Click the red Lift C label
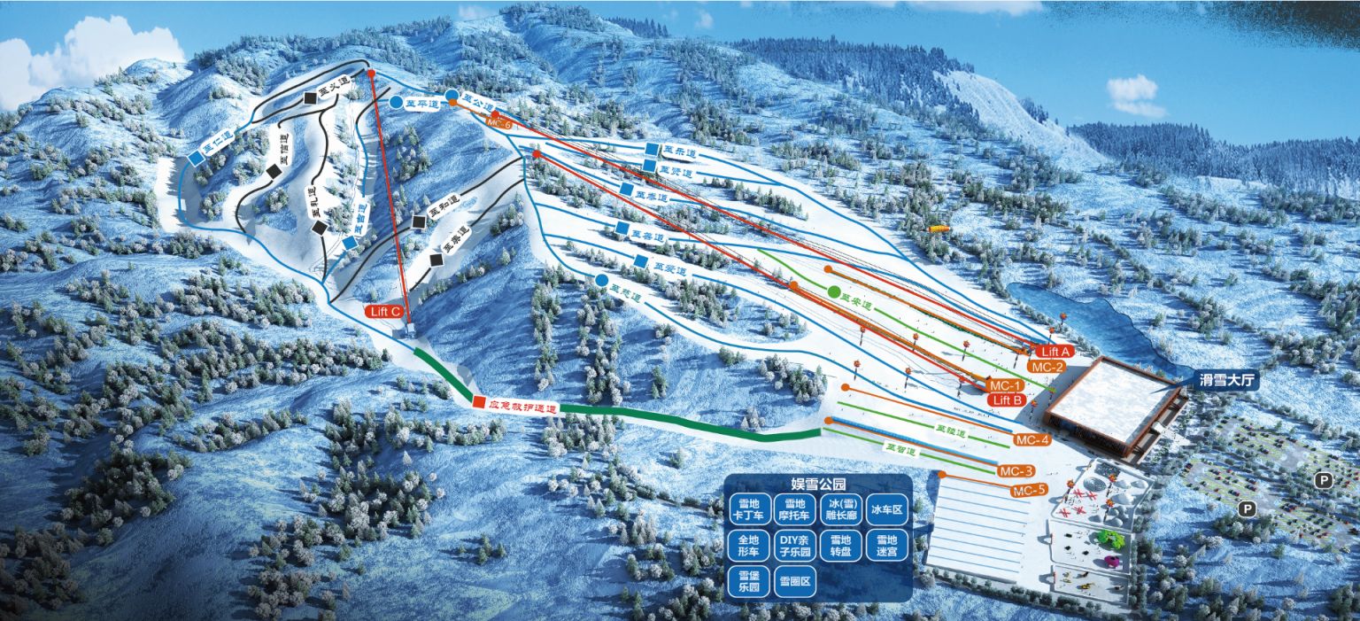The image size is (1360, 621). (384, 311)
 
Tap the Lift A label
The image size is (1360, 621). (1056, 352)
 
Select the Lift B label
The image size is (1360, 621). (1008, 400)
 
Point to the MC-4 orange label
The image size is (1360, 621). (1032, 440)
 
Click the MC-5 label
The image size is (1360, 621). (1029, 491)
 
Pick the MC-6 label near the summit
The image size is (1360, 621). (500, 124)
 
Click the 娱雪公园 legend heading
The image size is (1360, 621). (818, 485)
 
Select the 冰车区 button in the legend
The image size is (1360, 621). (886, 510)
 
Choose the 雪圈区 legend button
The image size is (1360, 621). (794, 583)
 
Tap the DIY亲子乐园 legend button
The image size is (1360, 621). (794, 545)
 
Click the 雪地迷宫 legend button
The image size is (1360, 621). (886, 545)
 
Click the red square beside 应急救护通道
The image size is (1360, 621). (479, 402)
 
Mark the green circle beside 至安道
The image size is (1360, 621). (833, 291)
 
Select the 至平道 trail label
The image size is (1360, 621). (421, 104)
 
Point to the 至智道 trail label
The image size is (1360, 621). (900, 450)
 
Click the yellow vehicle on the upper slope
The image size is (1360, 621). (938, 229)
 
